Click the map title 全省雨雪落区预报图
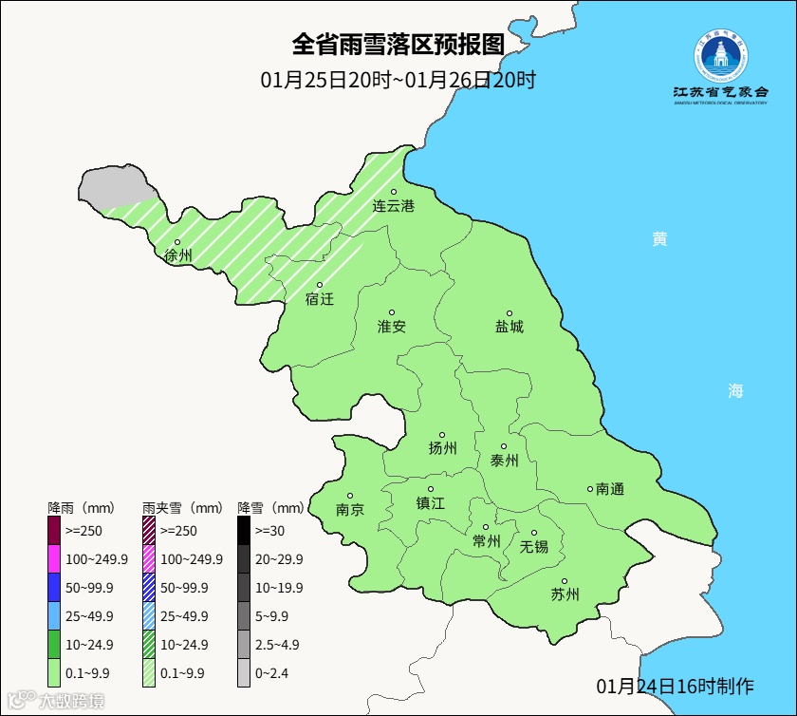click(397, 45)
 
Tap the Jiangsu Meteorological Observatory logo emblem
click(720, 58)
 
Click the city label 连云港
click(393, 206)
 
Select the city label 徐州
click(177, 255)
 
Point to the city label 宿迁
click(320, 299)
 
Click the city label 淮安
click(392, 327)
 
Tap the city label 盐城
click(510, 327)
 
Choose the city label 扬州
click(443, 448)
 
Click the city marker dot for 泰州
click(504, 446)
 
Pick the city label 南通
click(610, 489)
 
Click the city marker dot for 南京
click(350, 496)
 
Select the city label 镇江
click(430, 503)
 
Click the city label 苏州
click(565, 595)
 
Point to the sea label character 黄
click(659, 239)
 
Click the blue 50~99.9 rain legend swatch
click(55, 588)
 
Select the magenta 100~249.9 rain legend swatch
click(55, 559)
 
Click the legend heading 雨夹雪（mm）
click(183, 507)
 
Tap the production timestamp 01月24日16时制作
click(675, 686)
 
